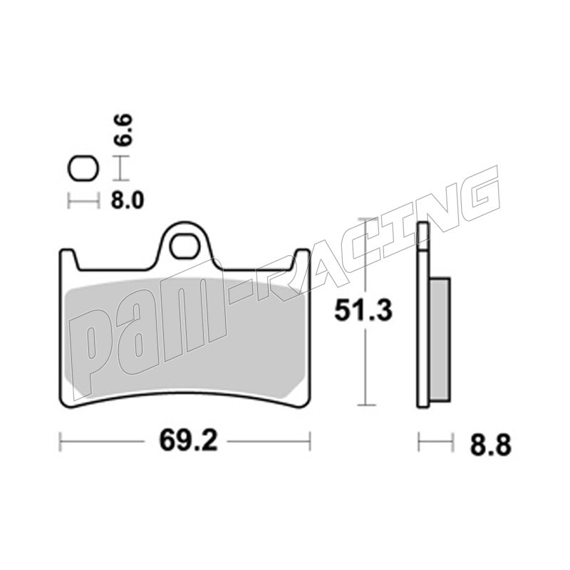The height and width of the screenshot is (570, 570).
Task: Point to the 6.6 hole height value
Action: coord(122,130)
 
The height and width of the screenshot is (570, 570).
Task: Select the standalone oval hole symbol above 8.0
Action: coord(83,169)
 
